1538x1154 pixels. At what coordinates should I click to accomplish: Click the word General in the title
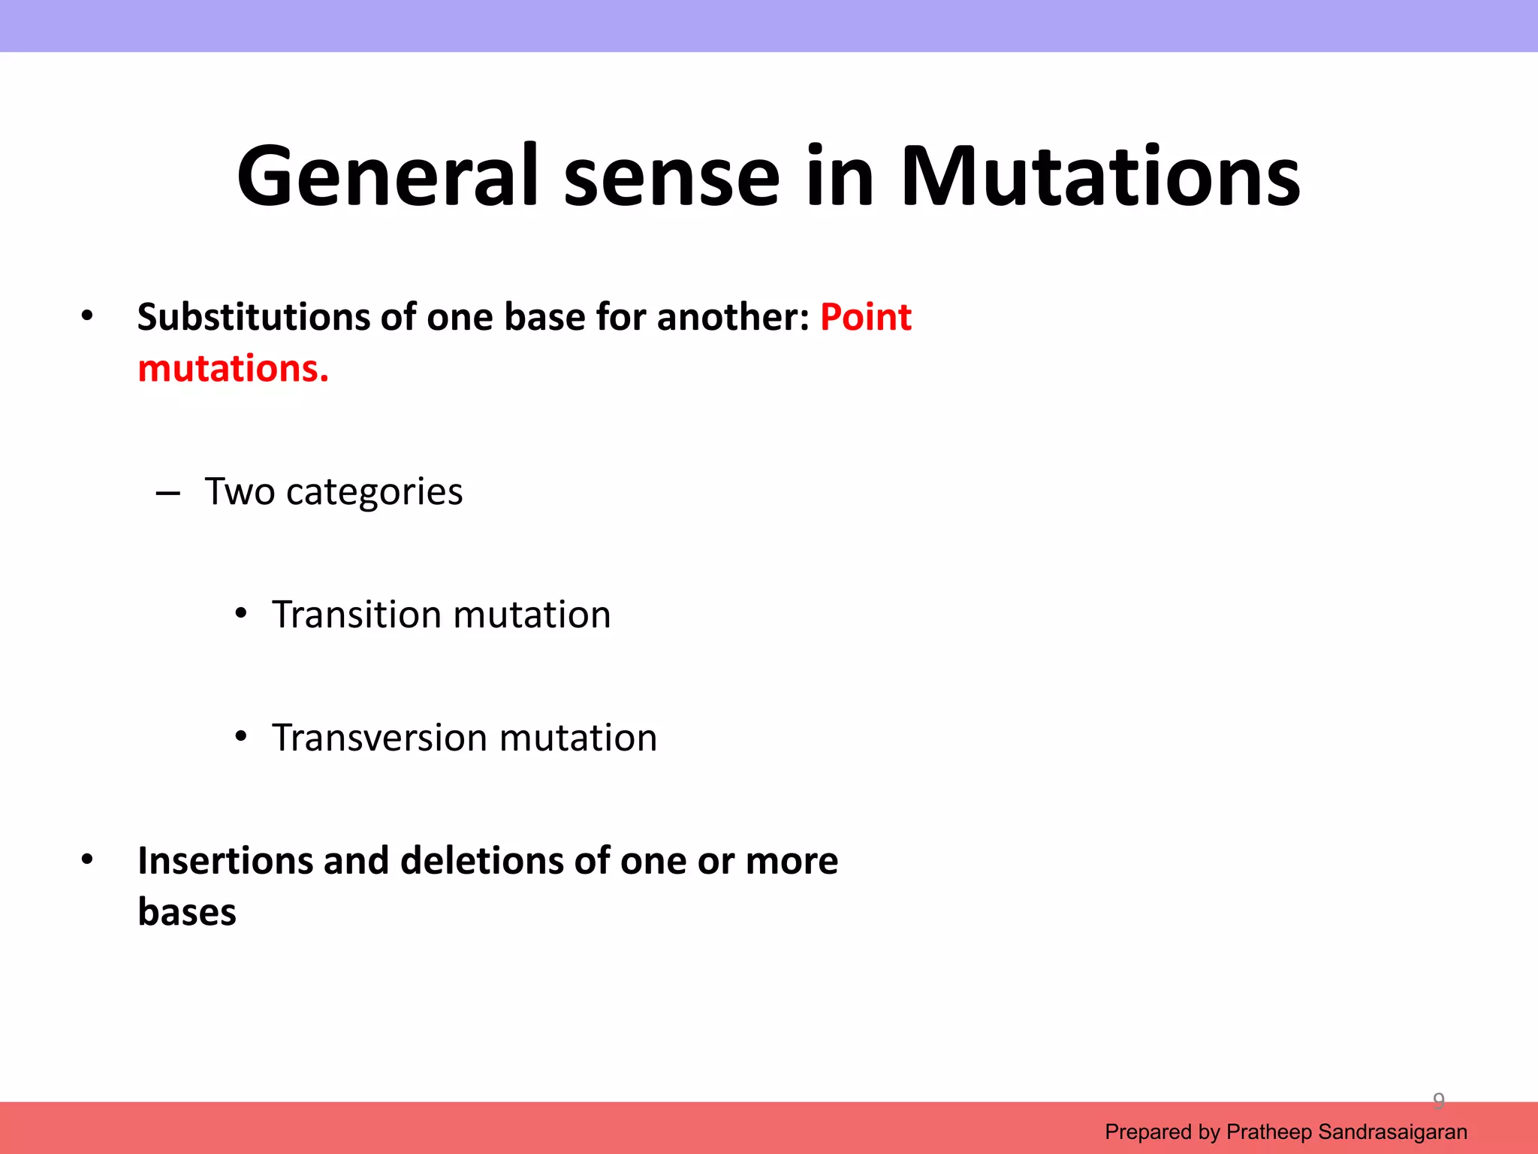388,177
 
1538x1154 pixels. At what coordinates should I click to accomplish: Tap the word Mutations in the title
1099,177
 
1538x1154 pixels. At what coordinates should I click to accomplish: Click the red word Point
865,317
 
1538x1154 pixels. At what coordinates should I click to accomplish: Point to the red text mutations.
233,369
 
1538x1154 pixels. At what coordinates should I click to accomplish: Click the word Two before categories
240,492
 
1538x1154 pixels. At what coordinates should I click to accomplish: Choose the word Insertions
225,861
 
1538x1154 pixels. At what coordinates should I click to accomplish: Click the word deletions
481,861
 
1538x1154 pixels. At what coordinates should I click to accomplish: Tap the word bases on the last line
187,913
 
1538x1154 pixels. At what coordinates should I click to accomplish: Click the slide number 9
1438,1101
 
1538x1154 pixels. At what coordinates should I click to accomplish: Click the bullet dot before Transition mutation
240,614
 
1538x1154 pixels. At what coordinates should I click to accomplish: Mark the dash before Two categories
167,494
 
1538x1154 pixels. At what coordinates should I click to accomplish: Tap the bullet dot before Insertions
87,859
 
